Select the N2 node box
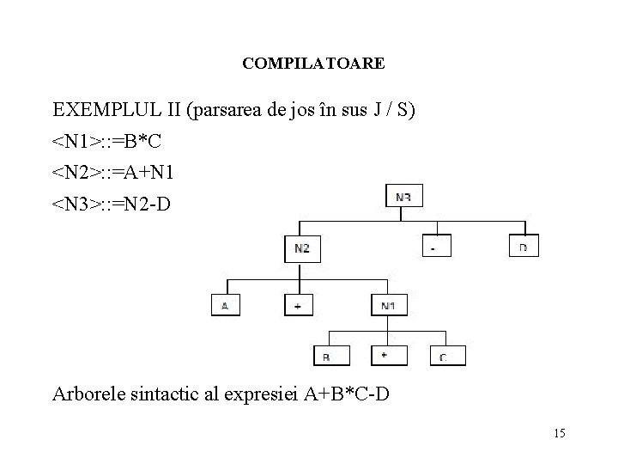tap(301, 248)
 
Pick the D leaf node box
tap(524, 247)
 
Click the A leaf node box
tap(227, 305)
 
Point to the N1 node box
tap(389, 305)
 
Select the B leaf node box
tap(326, 356)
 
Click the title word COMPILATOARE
tap(313, 64)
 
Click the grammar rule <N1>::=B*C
tap(106, 142)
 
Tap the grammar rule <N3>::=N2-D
tap(112, 205)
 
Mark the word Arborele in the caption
tap(88, 395)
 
